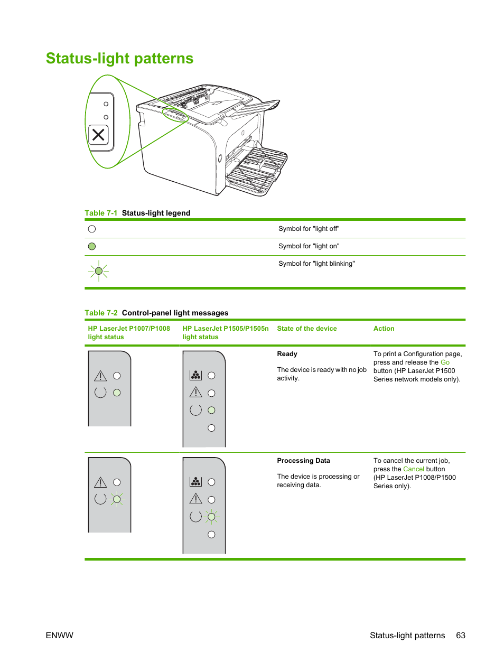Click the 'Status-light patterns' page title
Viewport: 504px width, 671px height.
pos(119,58)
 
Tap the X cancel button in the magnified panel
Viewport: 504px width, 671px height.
pos(98,135)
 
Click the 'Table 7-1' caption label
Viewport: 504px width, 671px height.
pos(101,213)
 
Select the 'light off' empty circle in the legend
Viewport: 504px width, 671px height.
pos(92,229)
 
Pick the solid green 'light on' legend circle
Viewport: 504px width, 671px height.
pos(92,246)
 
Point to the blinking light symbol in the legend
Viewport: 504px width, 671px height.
pos(98,271)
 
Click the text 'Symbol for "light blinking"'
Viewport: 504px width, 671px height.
pos(316,264)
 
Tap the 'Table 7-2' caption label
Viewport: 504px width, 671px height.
pos(101,313)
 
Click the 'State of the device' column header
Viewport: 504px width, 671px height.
pos(306,329)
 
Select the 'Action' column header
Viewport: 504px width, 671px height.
pos(384,329)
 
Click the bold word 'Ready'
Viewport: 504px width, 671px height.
pos(287,354)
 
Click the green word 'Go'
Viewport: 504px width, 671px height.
pos(445,362)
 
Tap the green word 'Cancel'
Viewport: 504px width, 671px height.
pos(413,469)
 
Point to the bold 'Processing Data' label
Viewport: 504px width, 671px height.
pos(303,461)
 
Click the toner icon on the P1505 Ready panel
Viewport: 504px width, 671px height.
pos(195,376)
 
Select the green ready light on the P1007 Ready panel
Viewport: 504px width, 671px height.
pos(117,393)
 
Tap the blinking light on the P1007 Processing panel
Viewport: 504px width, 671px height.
pos(117,499)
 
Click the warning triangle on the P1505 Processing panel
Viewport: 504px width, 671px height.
pos(195,498)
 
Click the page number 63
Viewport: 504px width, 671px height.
pos(461,636)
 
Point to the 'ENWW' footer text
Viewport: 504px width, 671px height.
pos(59,636)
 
